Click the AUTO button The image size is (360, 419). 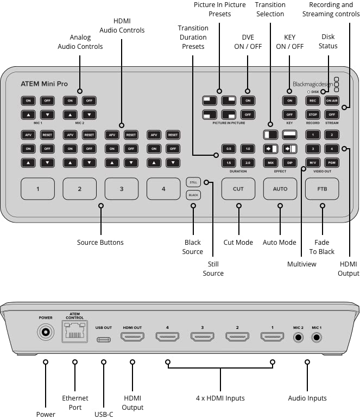[x=280, y=189]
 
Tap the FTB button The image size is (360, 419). [x=323, y=189]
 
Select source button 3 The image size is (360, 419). [x=121, y=189]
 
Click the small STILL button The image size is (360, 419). [x=193, y=182]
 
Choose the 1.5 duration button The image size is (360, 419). [x=229, y=162]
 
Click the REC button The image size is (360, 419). [x=312, y=100]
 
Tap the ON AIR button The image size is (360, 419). [x=332, y=100]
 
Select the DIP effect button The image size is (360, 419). [x=289, y=162]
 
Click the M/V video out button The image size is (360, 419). [x=312, y=162]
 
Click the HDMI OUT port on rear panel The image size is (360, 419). [x=132, y=338]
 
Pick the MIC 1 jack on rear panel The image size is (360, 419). [x=317, y=337]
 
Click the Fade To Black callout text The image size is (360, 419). [x=323, y=247]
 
